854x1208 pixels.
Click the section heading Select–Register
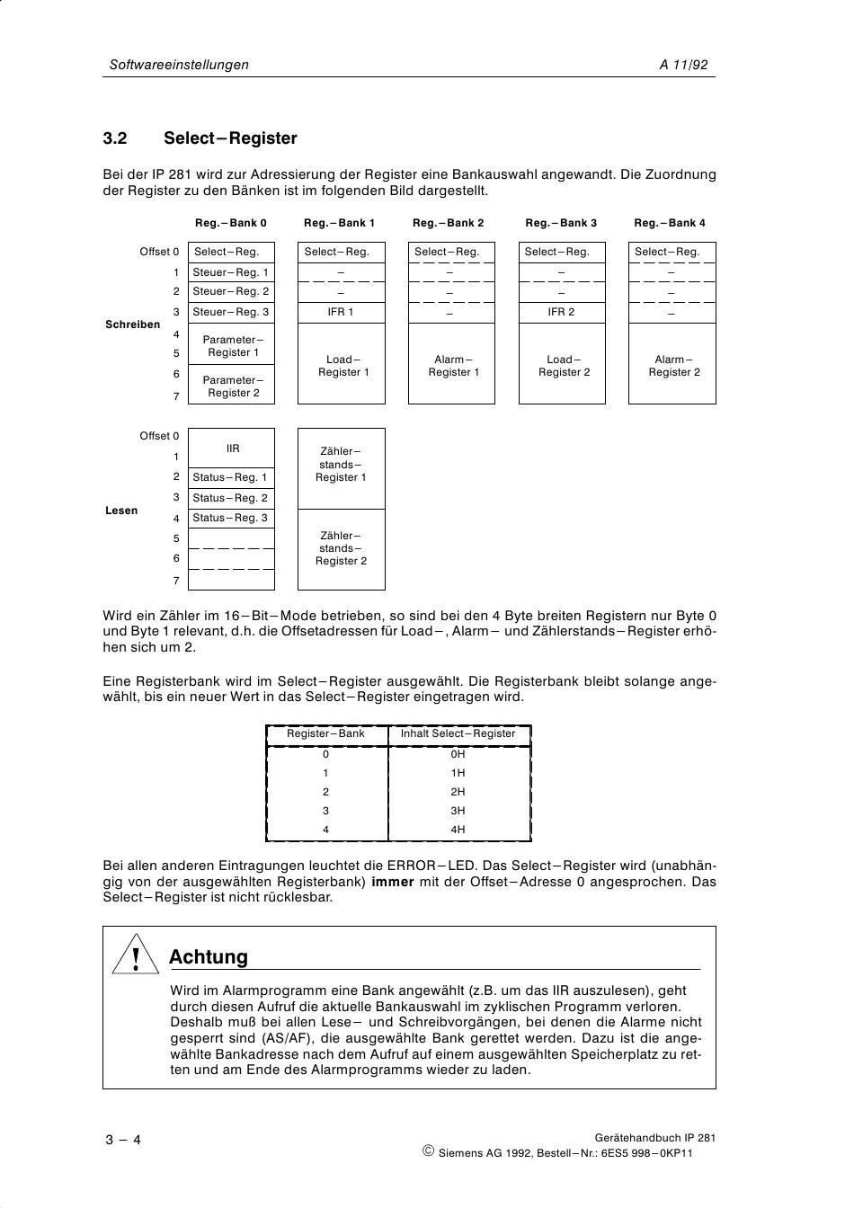(230, 138)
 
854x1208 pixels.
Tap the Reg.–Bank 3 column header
(561, 223)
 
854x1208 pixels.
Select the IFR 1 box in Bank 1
(341, 312)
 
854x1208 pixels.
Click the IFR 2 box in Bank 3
(561, 312)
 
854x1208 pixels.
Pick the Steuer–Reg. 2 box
(231, 291)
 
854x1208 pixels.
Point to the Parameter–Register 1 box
(231, 346)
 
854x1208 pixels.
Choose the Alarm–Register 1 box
(451, 365)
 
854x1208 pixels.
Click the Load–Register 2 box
(562, 365)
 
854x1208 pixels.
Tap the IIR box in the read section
(232, 448)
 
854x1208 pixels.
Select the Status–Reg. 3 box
(230, 518)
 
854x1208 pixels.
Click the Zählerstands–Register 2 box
(341, 548)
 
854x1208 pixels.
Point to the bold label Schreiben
(132, 324)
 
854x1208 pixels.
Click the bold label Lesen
(121, 511)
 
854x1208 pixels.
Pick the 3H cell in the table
(458, 811)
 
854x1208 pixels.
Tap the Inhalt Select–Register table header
(458, 733)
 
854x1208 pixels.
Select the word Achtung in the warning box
(209, 957)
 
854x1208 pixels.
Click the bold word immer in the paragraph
(393, 882)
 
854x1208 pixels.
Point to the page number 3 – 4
(123, 1141)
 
